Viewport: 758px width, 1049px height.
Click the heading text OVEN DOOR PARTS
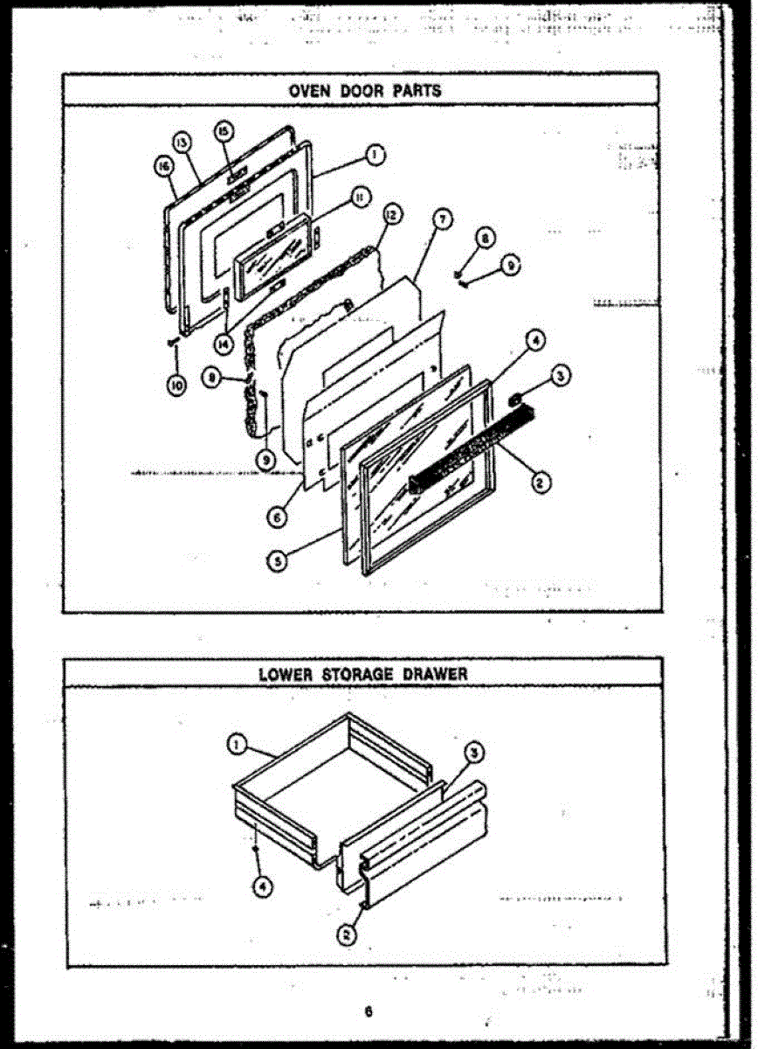(365, 90)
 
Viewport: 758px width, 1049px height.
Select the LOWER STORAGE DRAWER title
(362, 674)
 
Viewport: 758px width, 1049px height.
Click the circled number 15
(224, 131)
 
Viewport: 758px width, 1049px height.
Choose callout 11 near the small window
(357, 198)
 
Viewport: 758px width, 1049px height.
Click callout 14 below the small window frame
(228, 344)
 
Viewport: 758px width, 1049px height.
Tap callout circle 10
(177, 386)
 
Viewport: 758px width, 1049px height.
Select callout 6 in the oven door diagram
(277, 517)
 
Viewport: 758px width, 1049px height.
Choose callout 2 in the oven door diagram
(541, 481)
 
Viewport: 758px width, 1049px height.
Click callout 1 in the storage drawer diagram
(235, 744)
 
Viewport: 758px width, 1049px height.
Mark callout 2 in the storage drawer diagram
(347, 934)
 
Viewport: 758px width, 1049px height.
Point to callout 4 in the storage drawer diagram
(260, 886)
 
